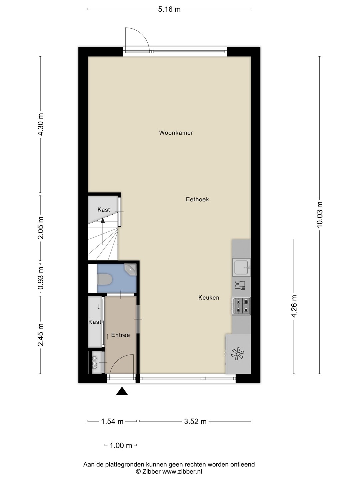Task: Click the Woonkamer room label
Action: tap(176, 133)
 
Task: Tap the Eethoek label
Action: tap(197, 199)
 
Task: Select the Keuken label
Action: tap(209, 298)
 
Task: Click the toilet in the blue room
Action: tap(105, 280)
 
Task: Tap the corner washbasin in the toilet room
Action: tap(131, 269)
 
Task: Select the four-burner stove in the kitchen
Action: tap(241, 306)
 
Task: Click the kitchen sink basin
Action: tap(241, 267)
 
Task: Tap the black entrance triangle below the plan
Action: tap(122, 391)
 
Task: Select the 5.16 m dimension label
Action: tap(169, 9)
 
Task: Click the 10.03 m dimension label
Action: tap(320, 214)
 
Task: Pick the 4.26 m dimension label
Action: tap(294, 306)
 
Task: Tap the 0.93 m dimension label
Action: tap(41, 278)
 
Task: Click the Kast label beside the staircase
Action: tap(104, 210)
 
